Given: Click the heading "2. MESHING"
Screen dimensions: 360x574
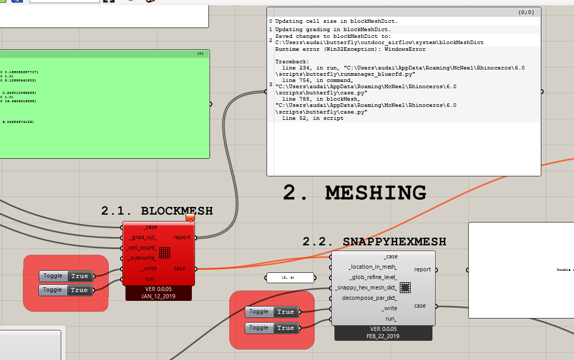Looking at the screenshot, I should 354,193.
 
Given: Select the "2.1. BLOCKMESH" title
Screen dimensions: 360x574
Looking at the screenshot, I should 157,211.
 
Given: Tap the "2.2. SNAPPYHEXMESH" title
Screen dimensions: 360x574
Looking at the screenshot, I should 374,242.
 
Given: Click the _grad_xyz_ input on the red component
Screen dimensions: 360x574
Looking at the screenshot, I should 143,238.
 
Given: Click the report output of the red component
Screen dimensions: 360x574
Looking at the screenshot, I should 182,238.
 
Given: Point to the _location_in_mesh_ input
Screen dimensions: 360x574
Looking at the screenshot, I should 373,267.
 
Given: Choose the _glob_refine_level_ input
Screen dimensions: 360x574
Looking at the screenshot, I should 373,277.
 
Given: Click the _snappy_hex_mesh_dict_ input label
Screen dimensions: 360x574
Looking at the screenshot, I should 366,288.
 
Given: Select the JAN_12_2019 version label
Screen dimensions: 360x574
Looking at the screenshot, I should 159,296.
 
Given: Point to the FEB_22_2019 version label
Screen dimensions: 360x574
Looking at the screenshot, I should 383,336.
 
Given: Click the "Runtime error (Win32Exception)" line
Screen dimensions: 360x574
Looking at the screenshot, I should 351,49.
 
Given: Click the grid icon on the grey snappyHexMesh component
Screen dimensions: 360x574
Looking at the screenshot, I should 405,287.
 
